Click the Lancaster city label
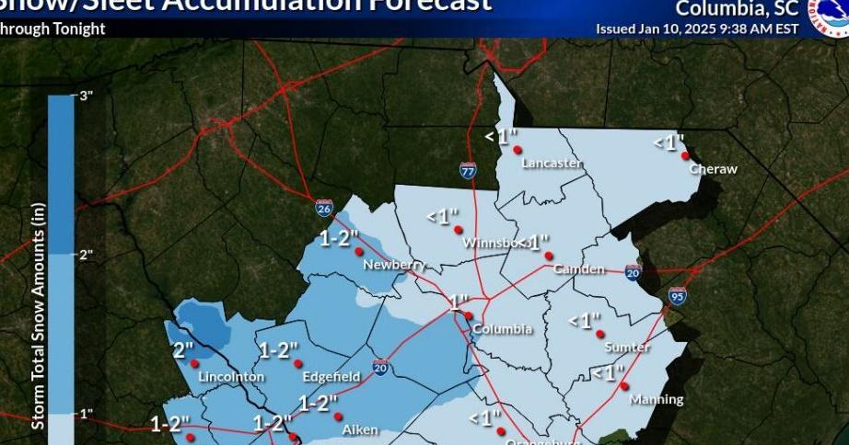point(552,164)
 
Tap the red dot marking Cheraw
point(686,156)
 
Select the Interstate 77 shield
point(468,169)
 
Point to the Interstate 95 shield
point(677,296)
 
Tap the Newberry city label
point(393,265)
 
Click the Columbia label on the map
point(502,329)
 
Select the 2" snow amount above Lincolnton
point(183,349)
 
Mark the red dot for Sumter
point(599,335)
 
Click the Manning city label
point(657,399)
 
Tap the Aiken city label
point(360,429)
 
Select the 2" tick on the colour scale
point(87,255)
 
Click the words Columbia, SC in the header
point(724,9)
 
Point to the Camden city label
point(578,269)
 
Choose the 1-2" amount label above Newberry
point(338,239)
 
